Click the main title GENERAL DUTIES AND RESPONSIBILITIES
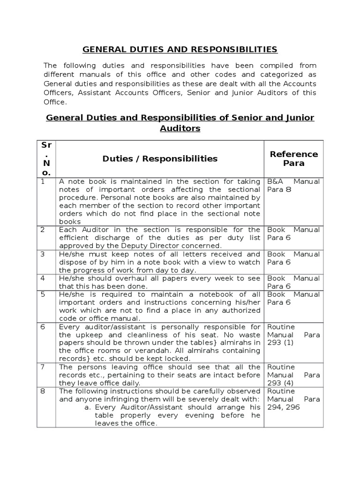180,49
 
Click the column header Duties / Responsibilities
160,158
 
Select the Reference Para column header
293,158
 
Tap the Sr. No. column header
46,158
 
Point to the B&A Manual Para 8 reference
293,186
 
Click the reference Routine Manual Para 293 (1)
293,335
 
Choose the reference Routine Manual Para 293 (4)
293,375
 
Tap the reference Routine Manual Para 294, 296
293,399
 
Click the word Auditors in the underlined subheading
180,128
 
